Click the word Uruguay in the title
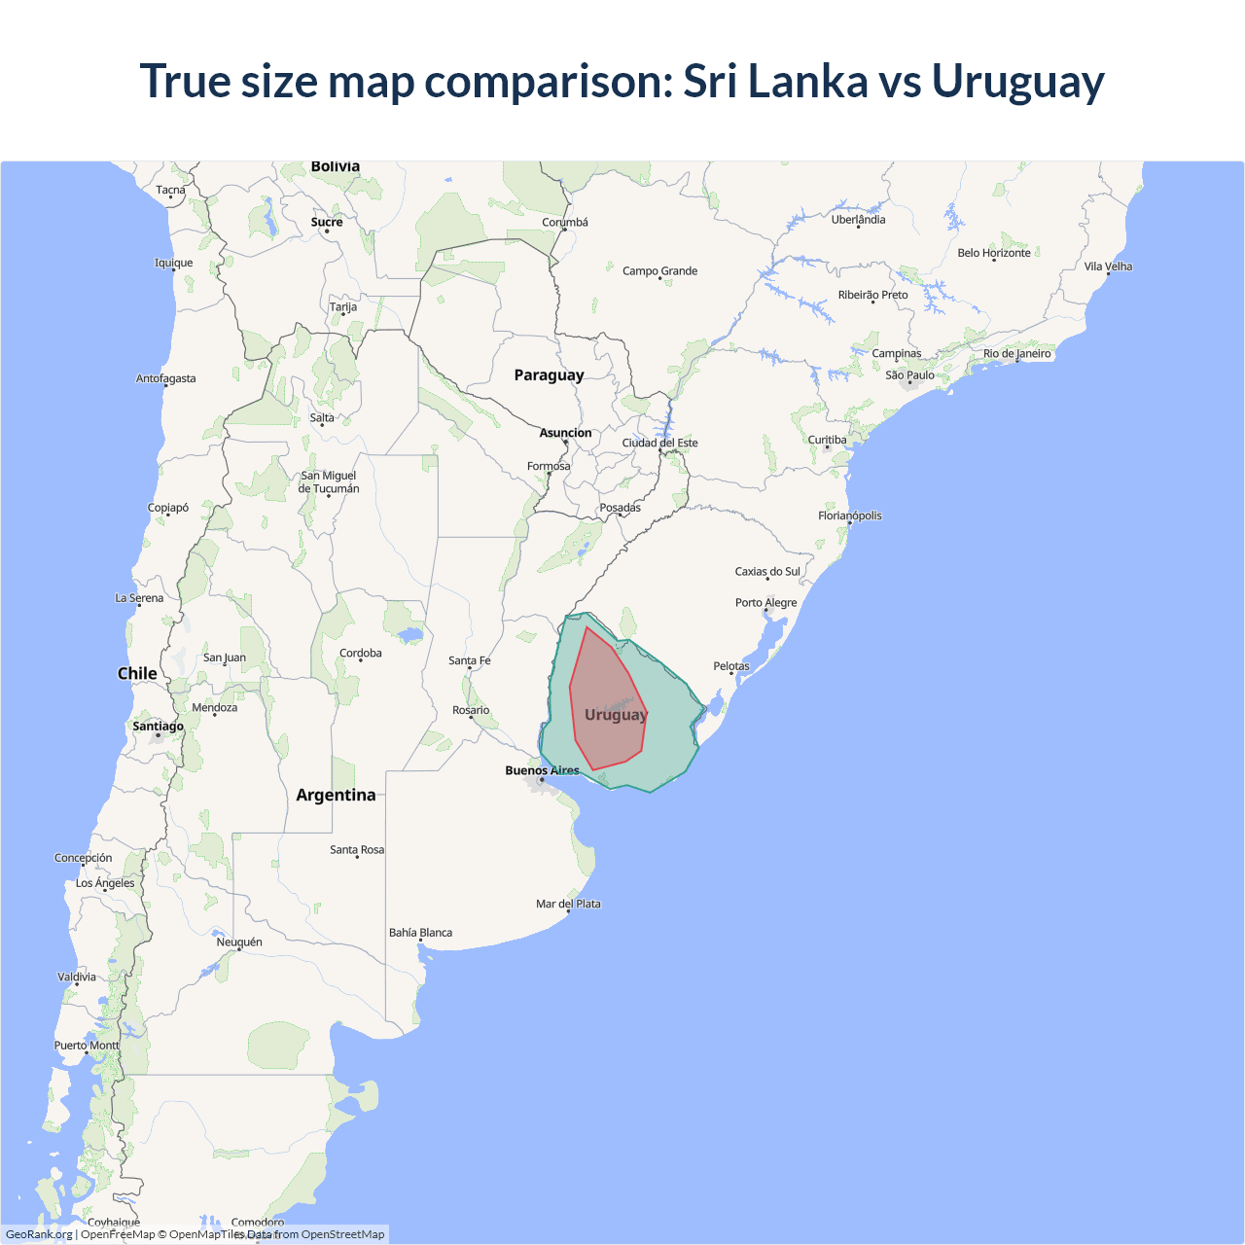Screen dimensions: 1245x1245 [x=1017, y=82]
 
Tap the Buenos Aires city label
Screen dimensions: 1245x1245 [x=542, y=770]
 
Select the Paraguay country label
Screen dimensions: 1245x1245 [x=549, y=375]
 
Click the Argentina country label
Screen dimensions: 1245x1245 [x=336, y=795]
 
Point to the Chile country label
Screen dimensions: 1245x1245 [x=137, y=673]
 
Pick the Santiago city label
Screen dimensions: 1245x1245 [x=158, y=727]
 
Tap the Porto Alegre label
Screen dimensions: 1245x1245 [x=765, y=603]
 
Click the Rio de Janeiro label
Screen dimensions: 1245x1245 [x=1016, y=354]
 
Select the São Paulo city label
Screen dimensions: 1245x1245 [x=909, y=375]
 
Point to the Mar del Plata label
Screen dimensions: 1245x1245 [x=568, y=904]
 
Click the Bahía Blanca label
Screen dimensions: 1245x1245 [x=420, y=933]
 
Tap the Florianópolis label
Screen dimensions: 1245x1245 [x=849, y=516]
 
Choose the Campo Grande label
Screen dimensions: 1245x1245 [x=659, y=271]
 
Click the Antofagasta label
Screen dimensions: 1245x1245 [x=165, y=378]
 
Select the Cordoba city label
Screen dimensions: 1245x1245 [x=360, y=654]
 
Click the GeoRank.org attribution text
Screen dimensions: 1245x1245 [x=39, y=1234]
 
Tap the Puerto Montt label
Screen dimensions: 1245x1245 [x=87, y=1046]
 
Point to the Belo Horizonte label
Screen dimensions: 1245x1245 [x=993, y=253]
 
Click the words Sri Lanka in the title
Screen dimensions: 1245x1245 [x=774, y=82]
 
